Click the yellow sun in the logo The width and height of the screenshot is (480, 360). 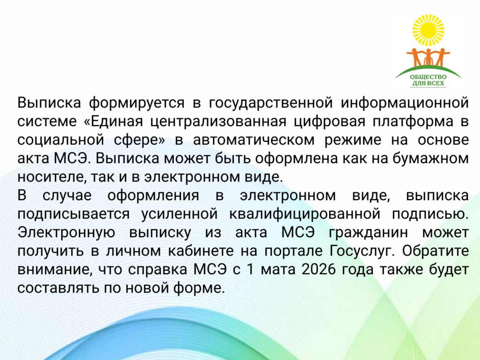(x=428, y=30)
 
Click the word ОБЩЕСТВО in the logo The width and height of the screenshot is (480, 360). (x=428, y=77)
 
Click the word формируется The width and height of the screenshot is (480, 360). (x=137, y=103)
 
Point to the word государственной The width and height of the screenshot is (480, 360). (x=270, y=103)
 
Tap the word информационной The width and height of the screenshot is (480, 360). (x=405, y=103)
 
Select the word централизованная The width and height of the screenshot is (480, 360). (x=218, y=121)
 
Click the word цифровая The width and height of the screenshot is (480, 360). (x=330, y=121)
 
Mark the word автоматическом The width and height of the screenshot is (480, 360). (x=254, y=140)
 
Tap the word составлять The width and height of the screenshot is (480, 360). (x=58, y=288)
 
